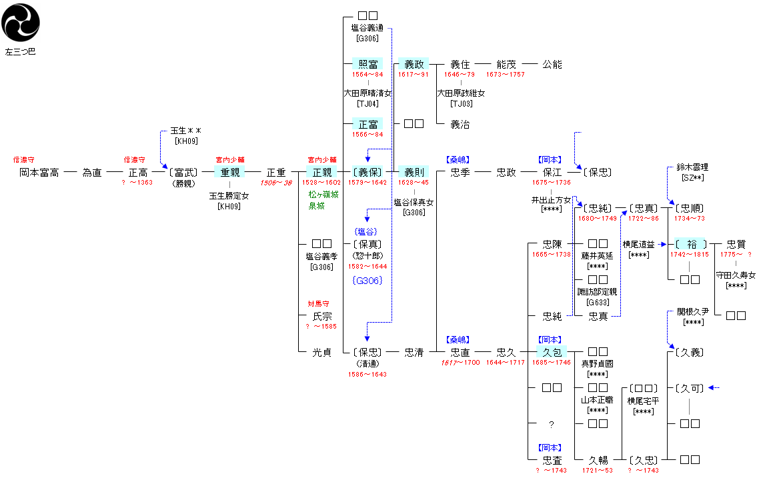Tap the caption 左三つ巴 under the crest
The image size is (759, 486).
[x=20, y=51]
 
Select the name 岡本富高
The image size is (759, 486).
[x=39, y=173]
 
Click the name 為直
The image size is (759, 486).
[x=92, y=173]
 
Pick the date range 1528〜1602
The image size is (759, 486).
[x=321, y=182]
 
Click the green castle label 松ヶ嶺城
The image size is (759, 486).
[x=323, y=195]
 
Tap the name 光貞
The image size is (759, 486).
[x=322, y=352]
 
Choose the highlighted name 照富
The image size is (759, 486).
[x=368, y=65]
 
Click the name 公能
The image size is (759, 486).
[x=552, y=65]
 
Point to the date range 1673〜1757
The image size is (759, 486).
[x=506, y=74]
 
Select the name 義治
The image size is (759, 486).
[x=460, y=124]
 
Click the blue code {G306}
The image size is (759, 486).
[x=367, y=281]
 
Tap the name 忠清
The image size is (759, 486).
[x=414, y=352]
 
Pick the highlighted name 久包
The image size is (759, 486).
[x=552, y=352]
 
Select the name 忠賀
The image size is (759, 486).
[x=736, y=245]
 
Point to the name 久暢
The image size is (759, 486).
[x=598, y=460]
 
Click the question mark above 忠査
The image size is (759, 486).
[x=552, y=424]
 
